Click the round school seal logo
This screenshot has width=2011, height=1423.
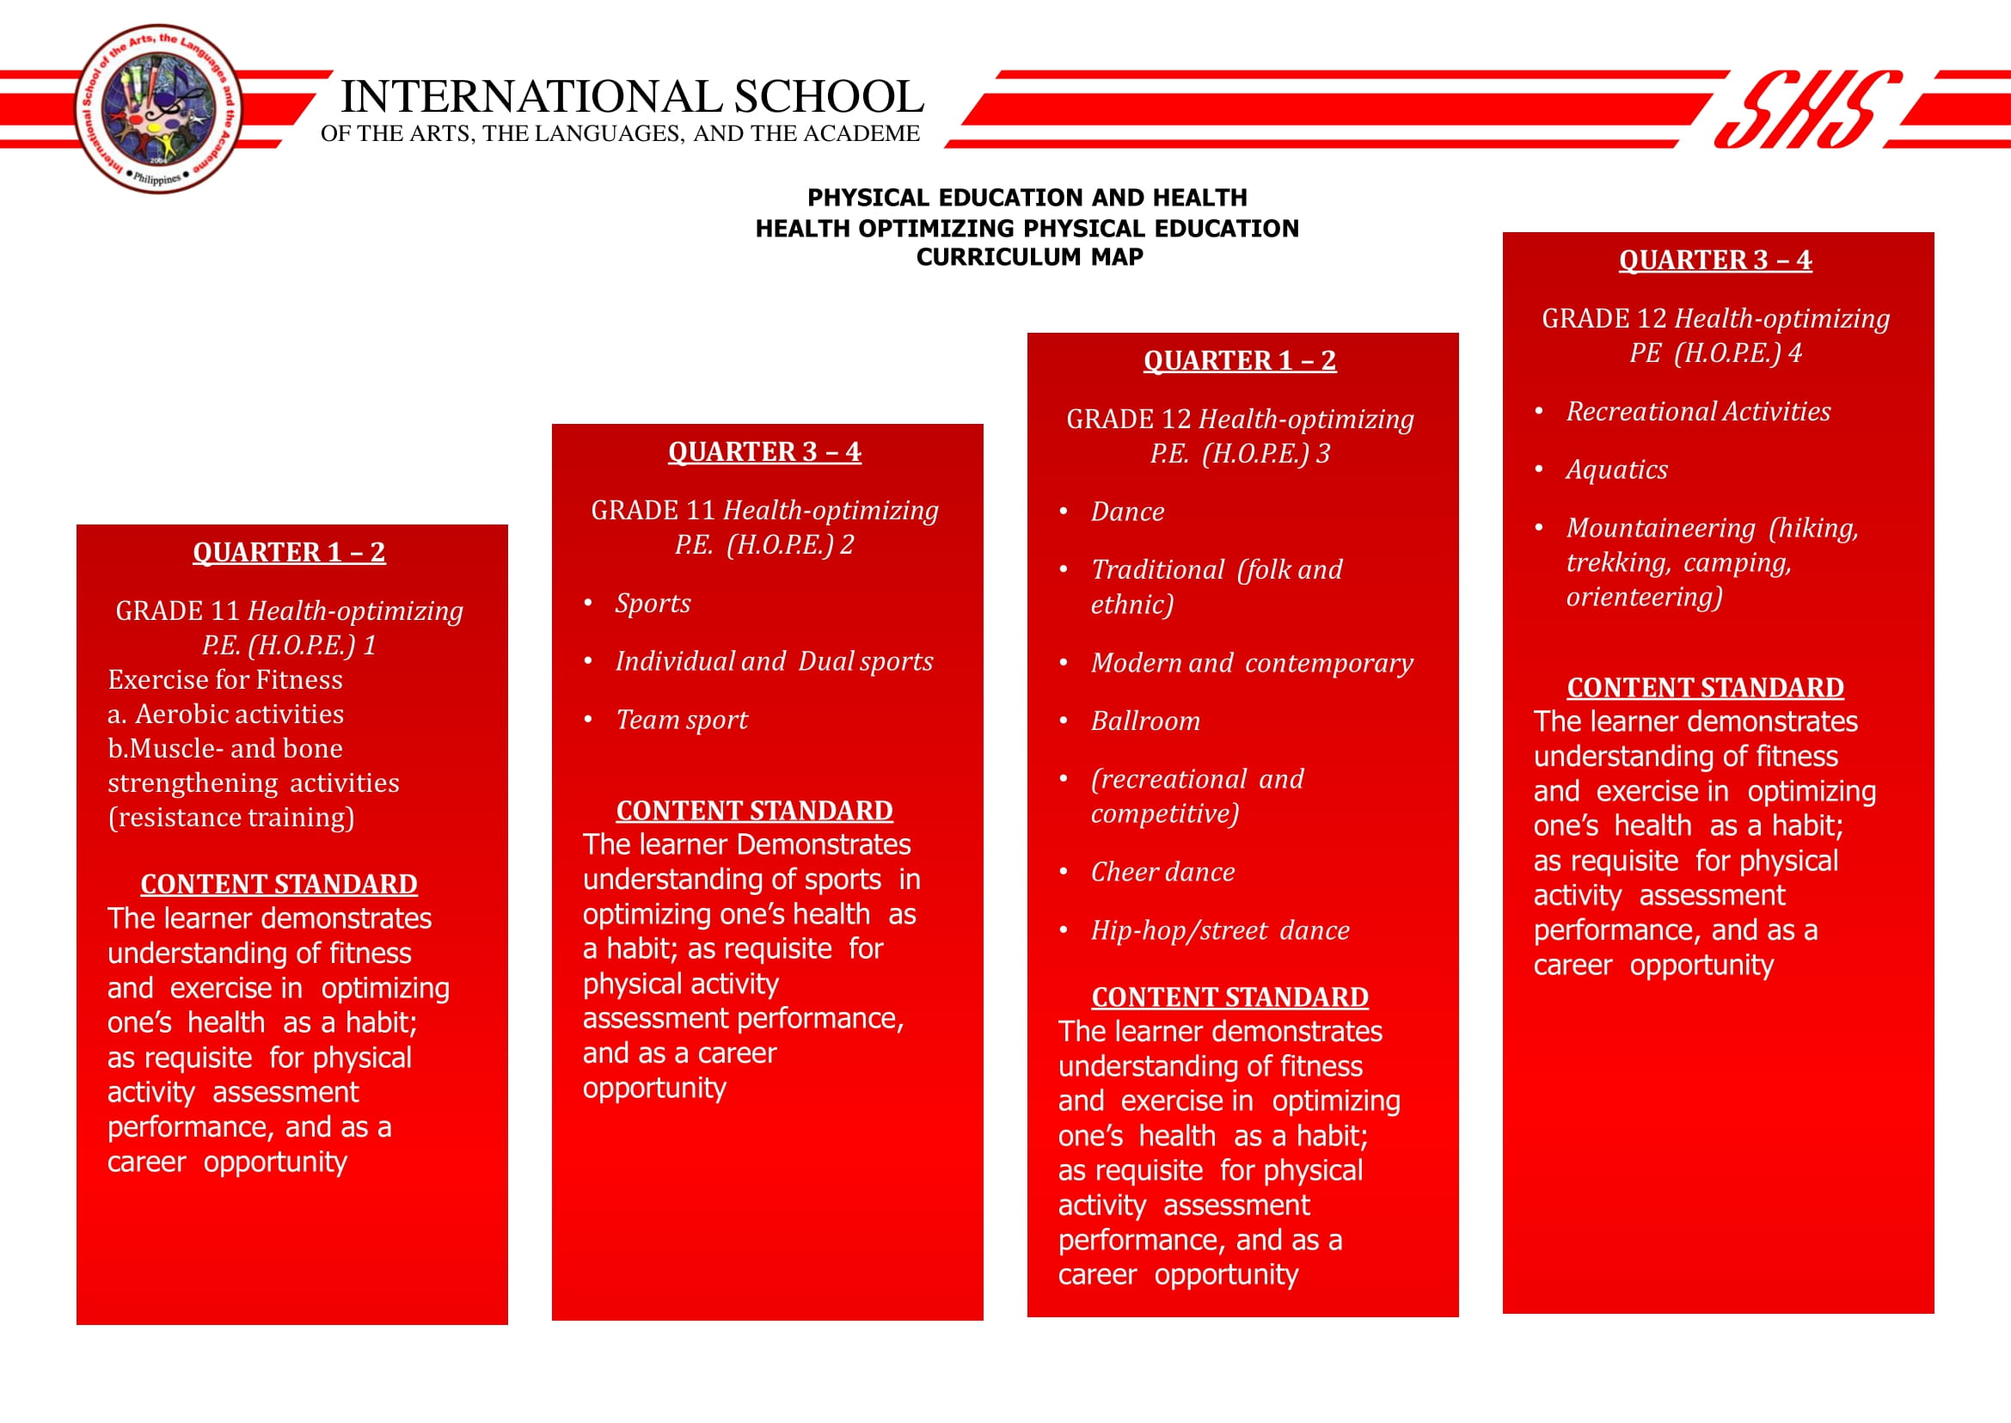coord(157,109)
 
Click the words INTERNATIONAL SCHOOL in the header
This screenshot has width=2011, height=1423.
coord(631,96)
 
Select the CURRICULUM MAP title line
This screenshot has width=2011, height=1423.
coord(1029,257)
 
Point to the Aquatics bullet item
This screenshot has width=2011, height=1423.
coord(1616,469)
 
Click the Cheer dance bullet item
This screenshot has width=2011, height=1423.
coord(1162,872)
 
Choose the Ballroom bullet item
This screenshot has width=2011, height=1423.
coord(1144,721)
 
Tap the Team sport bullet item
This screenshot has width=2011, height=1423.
coord(682,720)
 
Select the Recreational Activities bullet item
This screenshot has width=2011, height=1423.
coord(1697,411)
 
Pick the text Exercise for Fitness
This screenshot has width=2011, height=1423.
coord(225,680)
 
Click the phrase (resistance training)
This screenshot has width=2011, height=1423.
coord(231,818)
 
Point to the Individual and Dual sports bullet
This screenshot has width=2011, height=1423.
coord(774,661)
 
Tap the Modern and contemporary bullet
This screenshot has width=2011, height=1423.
coord(1251,663)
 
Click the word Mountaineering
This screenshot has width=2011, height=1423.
coord(1660,529)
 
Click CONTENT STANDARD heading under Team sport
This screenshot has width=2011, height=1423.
coord(753,811)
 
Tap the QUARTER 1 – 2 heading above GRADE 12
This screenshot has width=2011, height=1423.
coord(1239,360)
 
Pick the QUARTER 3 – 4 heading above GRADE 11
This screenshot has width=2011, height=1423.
coord(764,451)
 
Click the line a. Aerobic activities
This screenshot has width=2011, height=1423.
coord(225,715)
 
